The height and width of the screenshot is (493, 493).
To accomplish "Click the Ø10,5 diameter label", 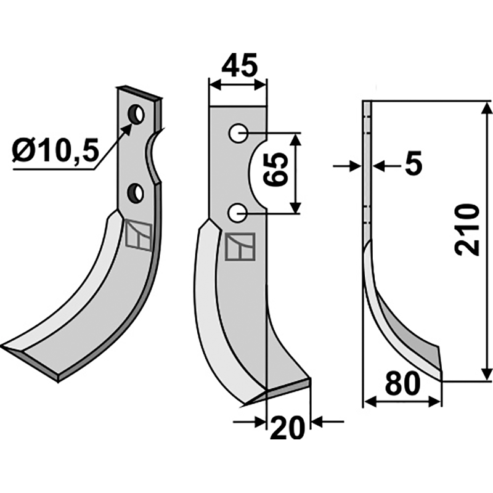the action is (55, 150).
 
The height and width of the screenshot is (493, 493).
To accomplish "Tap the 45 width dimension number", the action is (239, 65).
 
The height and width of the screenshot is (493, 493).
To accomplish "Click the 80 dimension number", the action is (402, 383).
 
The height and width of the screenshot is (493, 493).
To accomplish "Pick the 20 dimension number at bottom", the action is (288, 428).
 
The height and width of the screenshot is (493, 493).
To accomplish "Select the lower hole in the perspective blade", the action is (136, 192).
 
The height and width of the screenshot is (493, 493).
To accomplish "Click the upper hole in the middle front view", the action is (238, 133).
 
